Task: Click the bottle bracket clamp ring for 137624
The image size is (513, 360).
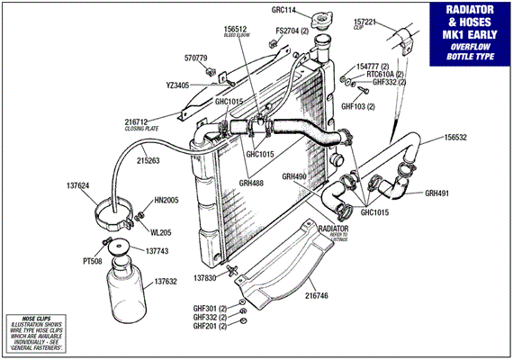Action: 116,217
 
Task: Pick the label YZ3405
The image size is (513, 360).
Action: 177,85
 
